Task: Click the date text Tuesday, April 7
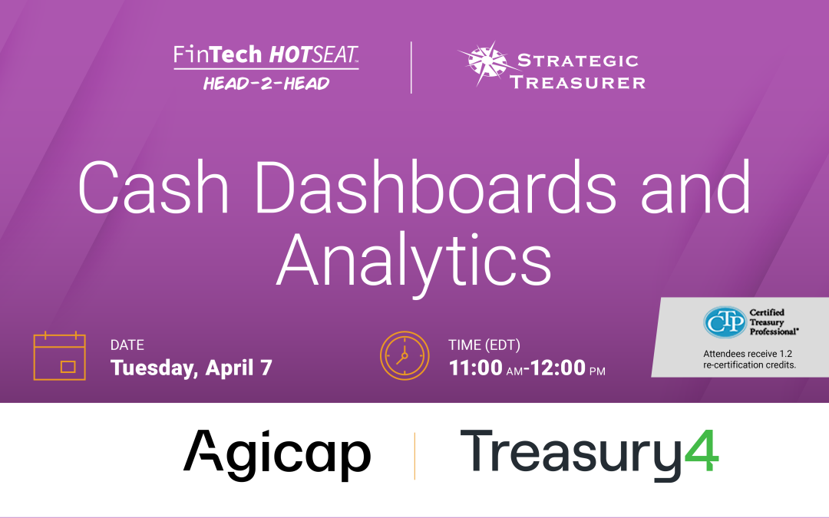(x=191, y=368)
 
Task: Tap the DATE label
(x=127, y=345)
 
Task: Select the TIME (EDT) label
(x=484, y=345)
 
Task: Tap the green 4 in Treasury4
(x=702, y=452)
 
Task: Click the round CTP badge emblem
(x=725, y=322)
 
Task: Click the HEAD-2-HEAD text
(x=266, y=83)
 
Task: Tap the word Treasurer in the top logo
(x=577, y=81)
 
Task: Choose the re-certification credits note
(x=749, y=359)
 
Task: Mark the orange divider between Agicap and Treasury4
(x=415, y=455)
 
